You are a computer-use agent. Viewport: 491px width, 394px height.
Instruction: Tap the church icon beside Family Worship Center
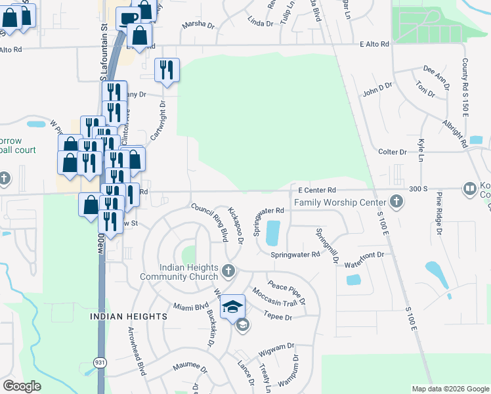(396, 202)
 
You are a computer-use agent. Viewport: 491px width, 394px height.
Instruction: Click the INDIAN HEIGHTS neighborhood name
(129, 317)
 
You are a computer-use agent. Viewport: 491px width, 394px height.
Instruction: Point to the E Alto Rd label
(374, 44)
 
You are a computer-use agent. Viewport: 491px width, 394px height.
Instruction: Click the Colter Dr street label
(393, 152)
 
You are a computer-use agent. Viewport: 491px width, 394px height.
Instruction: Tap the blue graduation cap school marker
(232, 307)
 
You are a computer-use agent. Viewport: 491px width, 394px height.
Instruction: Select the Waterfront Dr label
(370, 254)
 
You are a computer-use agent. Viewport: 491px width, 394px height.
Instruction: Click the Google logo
(22, 386)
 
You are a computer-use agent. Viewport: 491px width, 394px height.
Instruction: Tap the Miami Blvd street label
(190, 307)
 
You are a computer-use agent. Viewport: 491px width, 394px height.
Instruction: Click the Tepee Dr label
(279, 317)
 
